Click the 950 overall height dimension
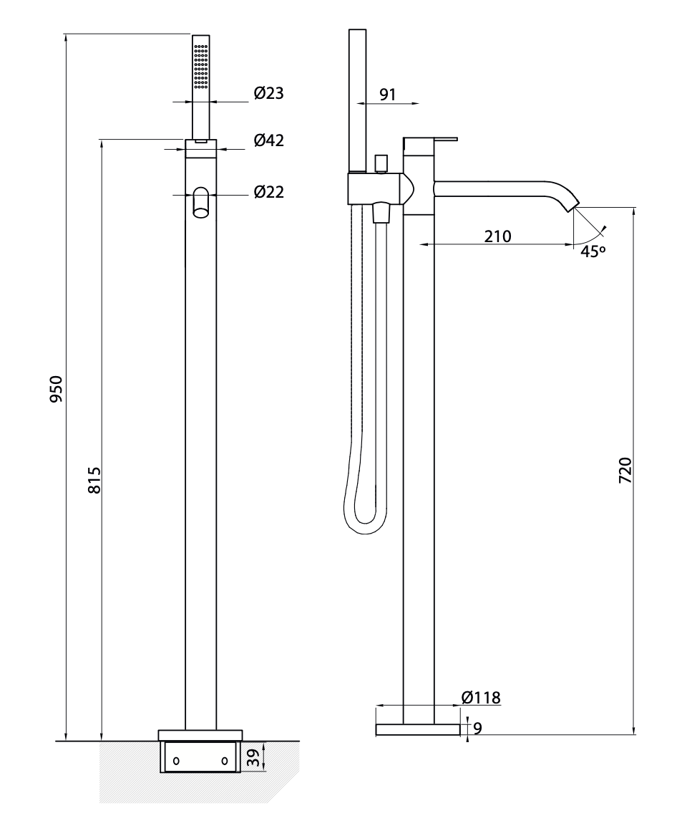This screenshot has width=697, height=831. pos(56,388)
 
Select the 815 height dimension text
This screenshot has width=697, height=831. pos(94,480)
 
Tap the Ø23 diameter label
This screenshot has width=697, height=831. pos(269,93)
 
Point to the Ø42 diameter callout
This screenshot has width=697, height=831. pos(269,140)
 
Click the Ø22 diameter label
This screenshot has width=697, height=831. pos(269,192)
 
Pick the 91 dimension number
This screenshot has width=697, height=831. pos(388,95)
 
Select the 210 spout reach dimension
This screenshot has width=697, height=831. pos(497,236)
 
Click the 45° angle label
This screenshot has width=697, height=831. pos(593,251)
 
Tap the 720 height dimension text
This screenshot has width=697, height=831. pos(625,469)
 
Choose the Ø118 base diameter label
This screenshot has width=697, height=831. pos(481,698)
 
